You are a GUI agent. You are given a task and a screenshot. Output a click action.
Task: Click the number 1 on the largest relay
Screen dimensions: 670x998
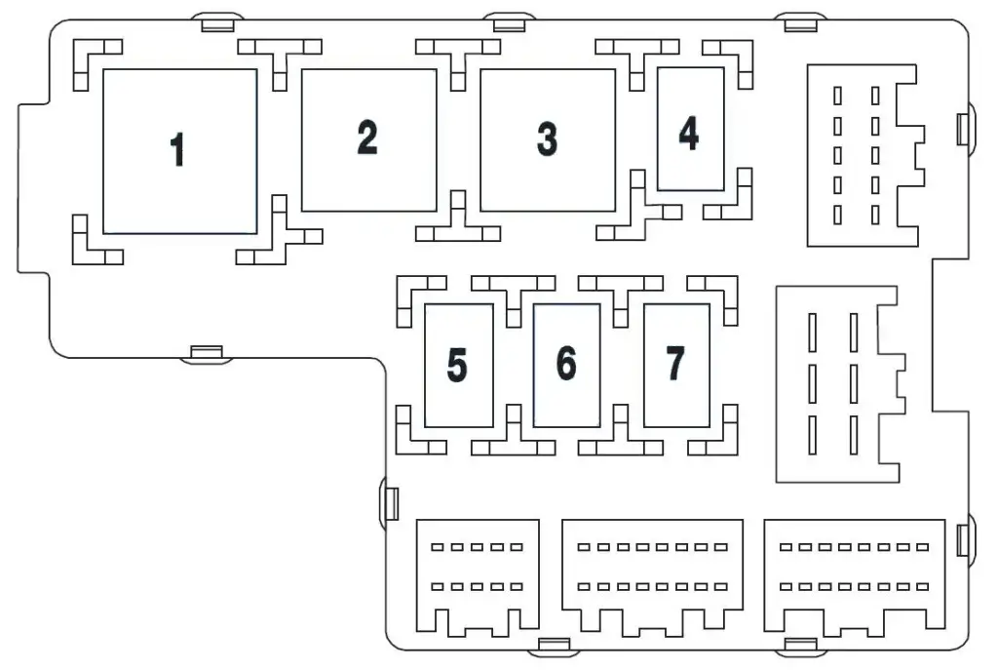pyautogui.click(x=177, y=150)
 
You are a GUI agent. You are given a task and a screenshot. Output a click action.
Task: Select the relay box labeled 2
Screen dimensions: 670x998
pyautogui.click(x=367, y=139)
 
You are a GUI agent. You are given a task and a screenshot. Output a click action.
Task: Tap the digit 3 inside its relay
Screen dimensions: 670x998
pyautogui.click(x=547, y=139)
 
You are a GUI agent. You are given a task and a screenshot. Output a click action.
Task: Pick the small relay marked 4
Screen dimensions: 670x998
pyautogui.click(x=689, y=133)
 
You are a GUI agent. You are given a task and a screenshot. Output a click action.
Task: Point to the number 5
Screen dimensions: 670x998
pyautogui.click(x=457, y=365)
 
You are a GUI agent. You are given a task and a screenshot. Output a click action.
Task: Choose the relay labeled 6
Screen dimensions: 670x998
pyautogui.click(x=566, y=363)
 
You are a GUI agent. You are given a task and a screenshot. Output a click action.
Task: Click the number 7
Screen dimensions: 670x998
pyautogui.click(x=675, y=363)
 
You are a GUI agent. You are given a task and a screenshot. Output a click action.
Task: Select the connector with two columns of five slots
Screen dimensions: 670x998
pyautogui.click(x=862, y=155)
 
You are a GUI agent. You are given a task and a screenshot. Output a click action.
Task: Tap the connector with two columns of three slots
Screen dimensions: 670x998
pyautogui.click(x=836, y=383)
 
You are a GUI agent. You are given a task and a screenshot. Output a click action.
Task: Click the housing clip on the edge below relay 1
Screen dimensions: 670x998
pyautogui.click(x=207, y=352)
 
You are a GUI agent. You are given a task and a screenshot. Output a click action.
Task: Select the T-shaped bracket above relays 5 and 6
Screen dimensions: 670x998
pyautogui.click(x=513, y=289)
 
